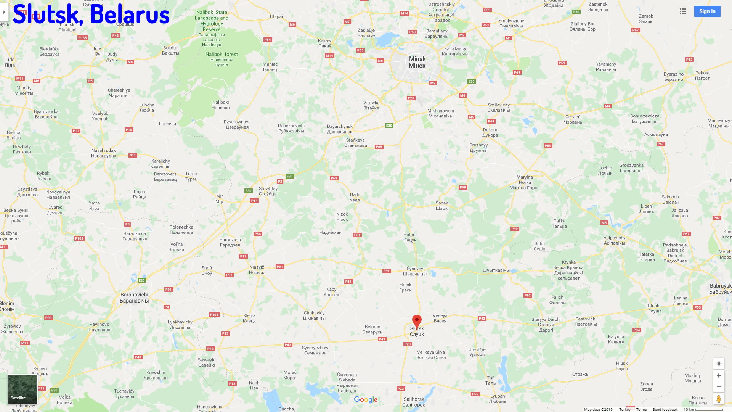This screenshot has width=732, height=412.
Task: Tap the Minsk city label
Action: (417, 62)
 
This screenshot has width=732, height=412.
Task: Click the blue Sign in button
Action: (707, 11)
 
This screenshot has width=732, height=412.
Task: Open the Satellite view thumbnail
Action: (23, 389)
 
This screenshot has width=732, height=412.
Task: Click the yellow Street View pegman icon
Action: (719, 399)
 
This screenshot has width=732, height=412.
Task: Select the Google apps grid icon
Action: (683, 11)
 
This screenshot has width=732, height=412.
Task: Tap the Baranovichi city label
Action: (134, 298)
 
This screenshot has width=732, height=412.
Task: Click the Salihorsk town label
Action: (414, 402)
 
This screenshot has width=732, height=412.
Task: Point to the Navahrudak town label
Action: (104, 153)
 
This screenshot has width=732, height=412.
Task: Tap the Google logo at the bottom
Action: (366, 399)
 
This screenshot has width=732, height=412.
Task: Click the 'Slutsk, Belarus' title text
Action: (91, 14)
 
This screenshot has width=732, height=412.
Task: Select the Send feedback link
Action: (665, 409)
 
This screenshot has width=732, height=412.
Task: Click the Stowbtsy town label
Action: (268, 191)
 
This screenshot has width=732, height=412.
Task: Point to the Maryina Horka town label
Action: (525, 182)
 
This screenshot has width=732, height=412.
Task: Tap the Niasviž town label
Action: (257, 270)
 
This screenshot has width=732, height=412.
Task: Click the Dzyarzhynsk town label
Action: (340, 129)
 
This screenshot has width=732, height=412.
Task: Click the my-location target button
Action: (719, 364)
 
